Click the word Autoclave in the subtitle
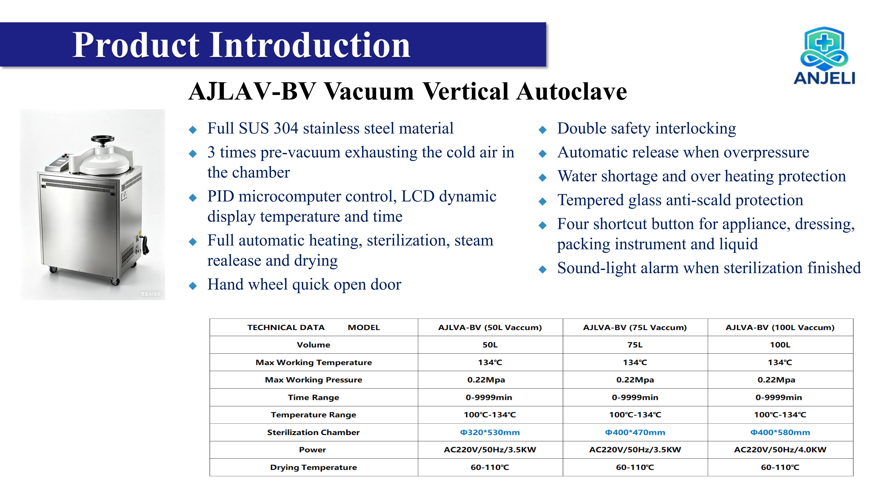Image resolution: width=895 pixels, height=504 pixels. coord(571,91)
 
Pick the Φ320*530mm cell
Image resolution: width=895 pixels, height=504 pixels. coord(490,432)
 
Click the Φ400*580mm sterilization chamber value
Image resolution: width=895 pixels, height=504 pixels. coord(780,432)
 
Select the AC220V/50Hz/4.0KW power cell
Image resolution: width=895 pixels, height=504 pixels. coord(780,450)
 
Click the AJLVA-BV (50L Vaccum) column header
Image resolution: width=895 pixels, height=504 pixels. coord(490,327)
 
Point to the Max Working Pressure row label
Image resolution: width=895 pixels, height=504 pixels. coord(313,380)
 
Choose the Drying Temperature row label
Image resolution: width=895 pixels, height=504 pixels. coord(313,467)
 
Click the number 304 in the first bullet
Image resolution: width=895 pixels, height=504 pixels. coord(286,128)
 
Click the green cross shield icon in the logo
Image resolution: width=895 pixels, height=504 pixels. coord(824,44)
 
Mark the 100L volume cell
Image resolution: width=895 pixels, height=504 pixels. coord(780,345)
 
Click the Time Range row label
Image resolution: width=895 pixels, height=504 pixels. coord(313,397)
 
